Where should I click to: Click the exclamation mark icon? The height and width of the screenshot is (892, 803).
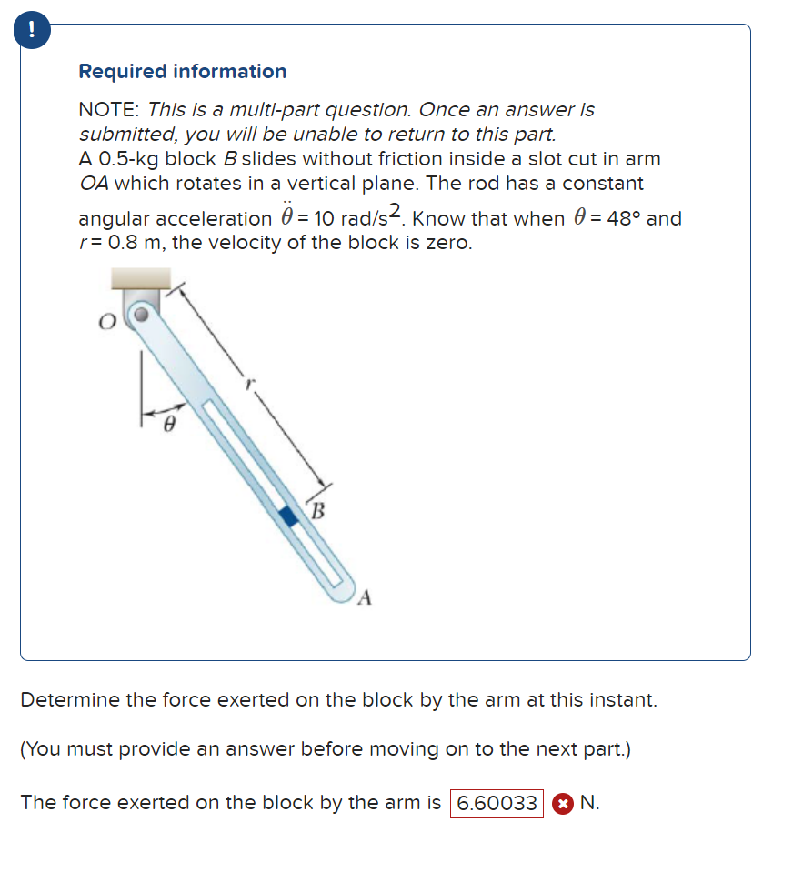[32, 29]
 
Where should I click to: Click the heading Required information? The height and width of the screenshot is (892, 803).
[182, 71]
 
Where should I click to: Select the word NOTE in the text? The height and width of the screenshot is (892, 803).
[106, 110]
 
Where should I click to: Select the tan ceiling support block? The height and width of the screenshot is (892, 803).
[140, 278]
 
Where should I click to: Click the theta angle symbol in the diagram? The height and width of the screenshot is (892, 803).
[167, 424]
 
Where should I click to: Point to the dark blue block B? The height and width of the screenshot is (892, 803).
[288, 516]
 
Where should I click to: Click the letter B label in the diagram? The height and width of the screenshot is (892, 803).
[317, 509]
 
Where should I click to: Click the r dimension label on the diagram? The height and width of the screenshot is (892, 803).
[245, 385]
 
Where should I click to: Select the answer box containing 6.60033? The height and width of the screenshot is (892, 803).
[497, 803]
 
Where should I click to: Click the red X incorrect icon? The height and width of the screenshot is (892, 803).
[563, 804]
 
